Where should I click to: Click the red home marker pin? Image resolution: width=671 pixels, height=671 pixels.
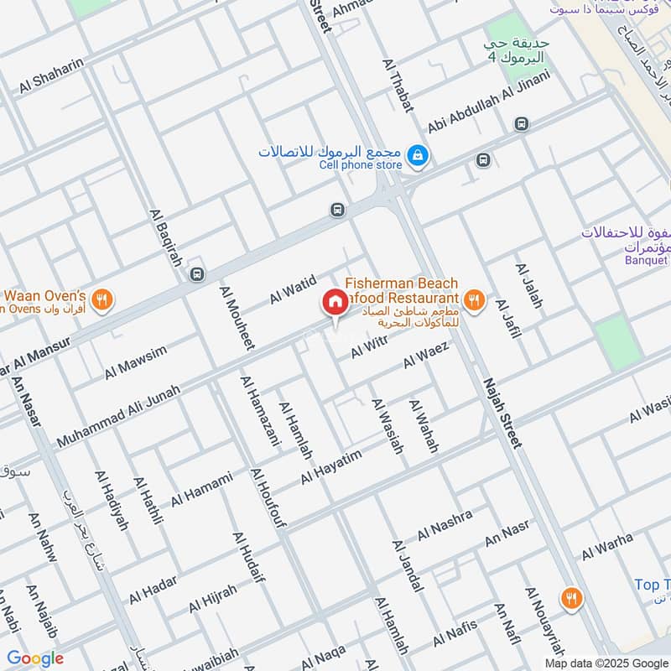335,302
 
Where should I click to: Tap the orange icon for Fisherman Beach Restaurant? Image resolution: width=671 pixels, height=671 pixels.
474,299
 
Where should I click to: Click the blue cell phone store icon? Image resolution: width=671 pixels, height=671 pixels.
415,155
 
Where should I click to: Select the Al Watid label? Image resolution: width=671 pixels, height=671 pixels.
292,289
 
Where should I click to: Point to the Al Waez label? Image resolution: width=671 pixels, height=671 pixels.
427,355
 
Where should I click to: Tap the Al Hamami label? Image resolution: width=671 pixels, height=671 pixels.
201,490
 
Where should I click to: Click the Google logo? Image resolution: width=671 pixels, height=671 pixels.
35,658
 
